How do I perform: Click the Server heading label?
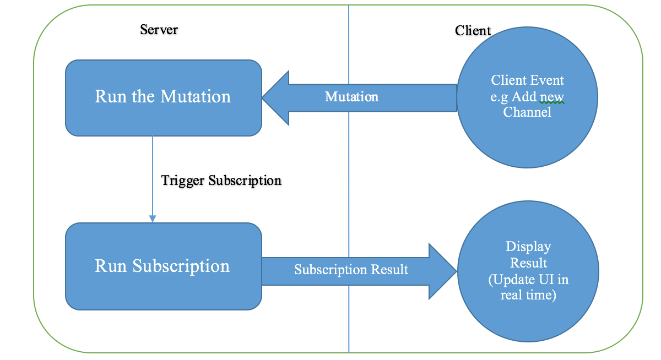coord(159,30)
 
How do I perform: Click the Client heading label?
coord(473,31)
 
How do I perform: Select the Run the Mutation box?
coord(163,97)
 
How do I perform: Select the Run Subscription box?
coord(163,266)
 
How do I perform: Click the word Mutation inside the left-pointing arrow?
coord(351,97)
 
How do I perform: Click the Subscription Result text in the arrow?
coord(351,270)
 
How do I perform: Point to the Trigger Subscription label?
coord(221,181)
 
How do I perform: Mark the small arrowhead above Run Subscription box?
coord(153,219)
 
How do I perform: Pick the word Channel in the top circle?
coord(527,112)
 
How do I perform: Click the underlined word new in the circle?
coord(552,97)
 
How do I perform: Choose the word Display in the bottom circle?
coord(528,247)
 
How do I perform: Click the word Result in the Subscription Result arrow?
coord(389,270)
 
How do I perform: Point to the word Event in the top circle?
coord(548,80)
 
